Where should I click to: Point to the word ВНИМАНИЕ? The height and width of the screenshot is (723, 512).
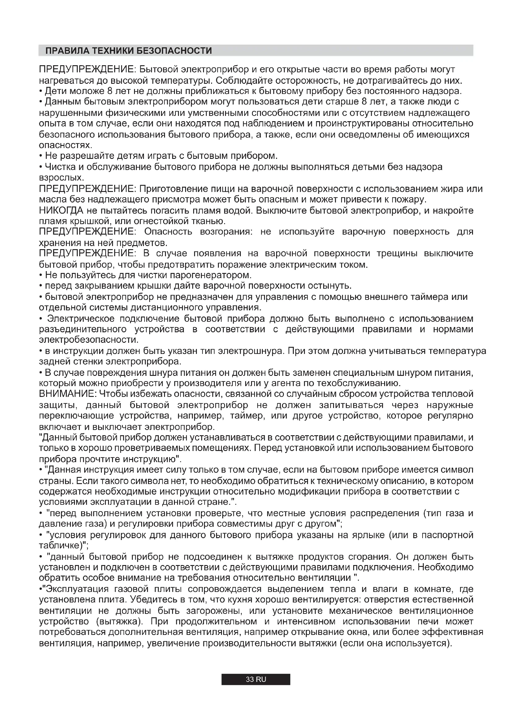[66, 394]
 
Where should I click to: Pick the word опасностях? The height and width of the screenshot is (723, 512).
[65, 146]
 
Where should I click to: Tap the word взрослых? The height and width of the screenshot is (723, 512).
[61, 178]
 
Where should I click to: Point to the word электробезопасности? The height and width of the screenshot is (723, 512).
[88, 340]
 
